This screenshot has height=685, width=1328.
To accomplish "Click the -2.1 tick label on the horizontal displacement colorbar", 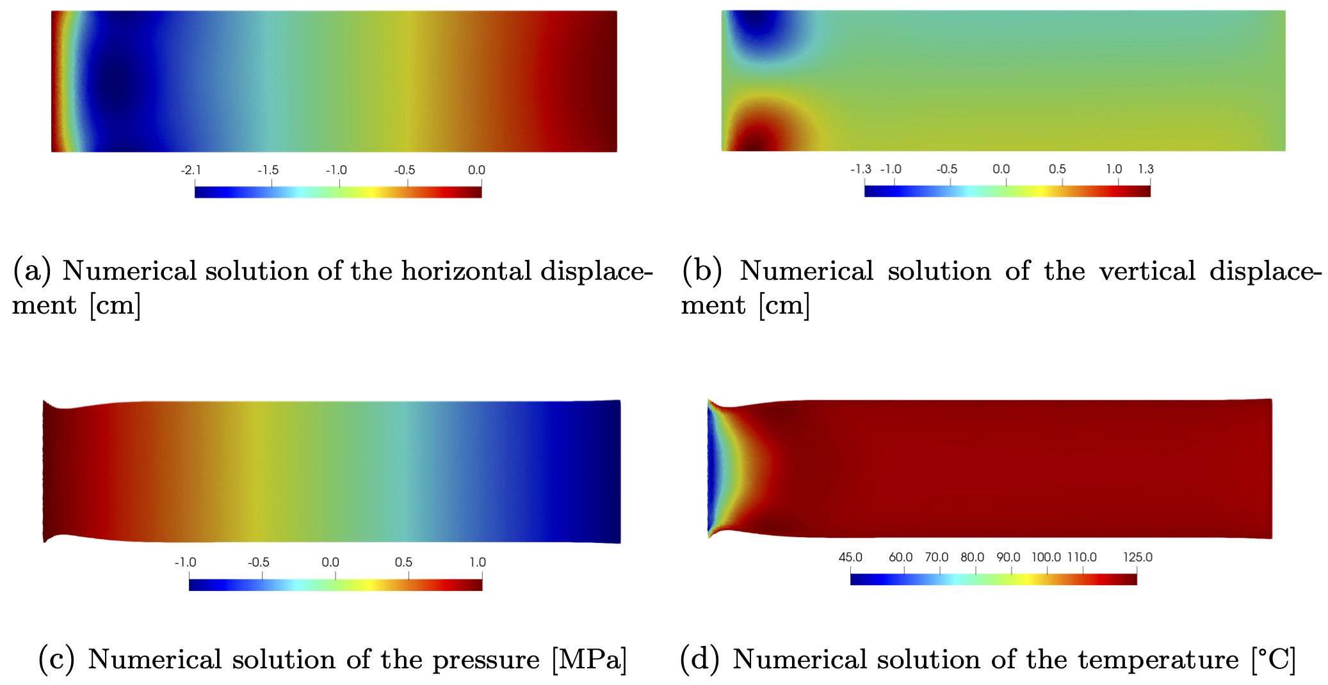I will [191, 170].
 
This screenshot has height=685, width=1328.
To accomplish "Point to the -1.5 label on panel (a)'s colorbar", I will [268, 170].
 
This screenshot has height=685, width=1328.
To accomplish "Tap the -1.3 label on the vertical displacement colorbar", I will [861, 169].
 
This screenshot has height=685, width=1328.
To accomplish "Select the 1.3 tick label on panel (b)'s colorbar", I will [1146, 169].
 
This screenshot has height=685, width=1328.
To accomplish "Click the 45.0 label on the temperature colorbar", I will [850, 557].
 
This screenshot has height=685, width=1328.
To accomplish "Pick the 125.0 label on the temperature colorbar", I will [1137, 557].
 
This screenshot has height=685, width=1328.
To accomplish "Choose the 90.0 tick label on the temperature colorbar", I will [1008, 557].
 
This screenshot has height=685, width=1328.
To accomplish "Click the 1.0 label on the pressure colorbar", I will [478, 562].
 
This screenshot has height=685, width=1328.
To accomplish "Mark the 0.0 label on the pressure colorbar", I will [330, 562].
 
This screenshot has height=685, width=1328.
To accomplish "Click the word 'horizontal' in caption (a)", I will [466, 271].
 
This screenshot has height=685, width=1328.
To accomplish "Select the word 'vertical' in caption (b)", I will [1147, 271].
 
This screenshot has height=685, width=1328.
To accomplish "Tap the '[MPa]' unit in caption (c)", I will [589, 659].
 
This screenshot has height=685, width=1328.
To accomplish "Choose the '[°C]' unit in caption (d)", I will [1274, 659].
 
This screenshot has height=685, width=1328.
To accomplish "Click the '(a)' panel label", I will [32, 271].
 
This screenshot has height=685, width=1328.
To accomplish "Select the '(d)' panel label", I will [699, 659].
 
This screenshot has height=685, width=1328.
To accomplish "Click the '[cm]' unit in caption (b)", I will [784, 305].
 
